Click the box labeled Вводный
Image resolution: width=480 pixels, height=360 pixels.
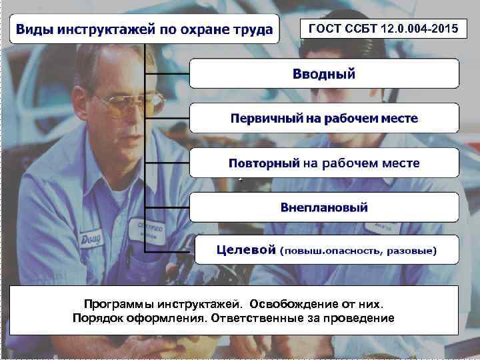pyautogui.click(x=324, y=73)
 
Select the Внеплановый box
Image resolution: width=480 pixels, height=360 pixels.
pyautogui.click(x=324, y=207)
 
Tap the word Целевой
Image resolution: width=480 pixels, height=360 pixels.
pyautogui.click(x=246, y=250)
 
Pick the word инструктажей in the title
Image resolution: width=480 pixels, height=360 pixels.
pyautogui.click(x=115, y=30)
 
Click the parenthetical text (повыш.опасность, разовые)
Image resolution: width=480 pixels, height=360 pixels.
pyautogui.click(x=359, y=251)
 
